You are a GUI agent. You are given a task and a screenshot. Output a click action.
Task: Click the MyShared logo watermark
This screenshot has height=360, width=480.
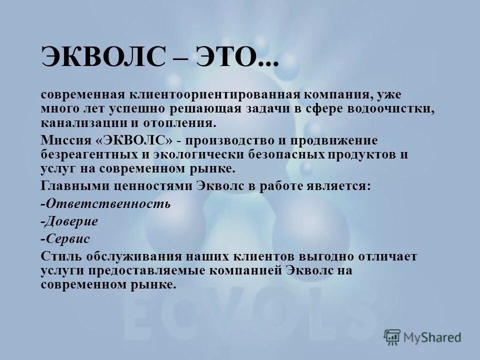[x=422, y=337]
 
